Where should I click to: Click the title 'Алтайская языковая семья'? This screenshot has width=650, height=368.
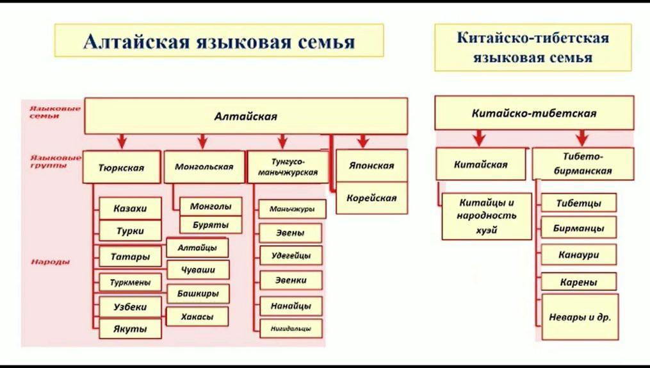[x=218, y=42]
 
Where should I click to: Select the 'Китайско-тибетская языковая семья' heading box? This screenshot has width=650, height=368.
[x=532, y=47]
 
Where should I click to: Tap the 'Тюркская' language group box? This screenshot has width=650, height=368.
[x=121, y=168]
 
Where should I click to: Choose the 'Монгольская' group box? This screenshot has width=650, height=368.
[x=204, y=167]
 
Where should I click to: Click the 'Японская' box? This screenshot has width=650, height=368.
[x=371, y=165]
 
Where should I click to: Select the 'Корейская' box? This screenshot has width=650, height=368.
[x=371, y=197]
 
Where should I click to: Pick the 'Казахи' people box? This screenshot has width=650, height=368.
[x=130, y=208]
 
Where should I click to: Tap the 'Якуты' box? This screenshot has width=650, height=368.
[x=130, y=329]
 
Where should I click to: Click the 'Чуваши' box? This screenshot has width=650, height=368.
[x=198, y=270]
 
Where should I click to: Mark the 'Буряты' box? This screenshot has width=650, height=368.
[x=210, y=225]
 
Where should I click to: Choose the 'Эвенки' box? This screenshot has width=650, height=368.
[x=291, y=280]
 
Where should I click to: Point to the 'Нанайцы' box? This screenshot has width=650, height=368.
[x=291, y=306]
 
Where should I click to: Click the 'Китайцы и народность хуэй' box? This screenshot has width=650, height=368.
[x=487, y=216]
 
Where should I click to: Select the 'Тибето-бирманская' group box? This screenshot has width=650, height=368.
[x=583, y=163]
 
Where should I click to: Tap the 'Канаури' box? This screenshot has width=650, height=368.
[x=579, y=254]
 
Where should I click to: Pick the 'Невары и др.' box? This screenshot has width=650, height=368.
[x=580, y=317]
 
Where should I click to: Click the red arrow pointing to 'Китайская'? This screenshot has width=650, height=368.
[x=478, y=137]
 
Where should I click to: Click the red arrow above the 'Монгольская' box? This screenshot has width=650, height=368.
[x=202, y=141]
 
